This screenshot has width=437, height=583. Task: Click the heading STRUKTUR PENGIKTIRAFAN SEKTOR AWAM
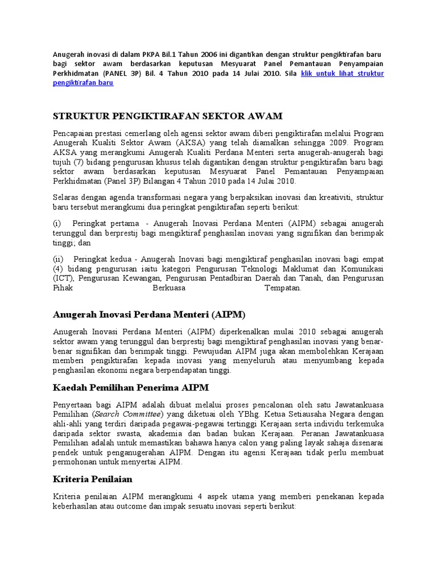tap(167, 116)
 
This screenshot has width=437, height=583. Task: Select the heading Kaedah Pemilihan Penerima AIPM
tap(131, 388)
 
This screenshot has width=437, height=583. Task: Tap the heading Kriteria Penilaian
tap(92, 479)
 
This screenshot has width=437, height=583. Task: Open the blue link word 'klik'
tap(308, 73)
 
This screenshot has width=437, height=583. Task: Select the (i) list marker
tap(57, 224)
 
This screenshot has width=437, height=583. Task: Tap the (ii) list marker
tap(58, 258)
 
